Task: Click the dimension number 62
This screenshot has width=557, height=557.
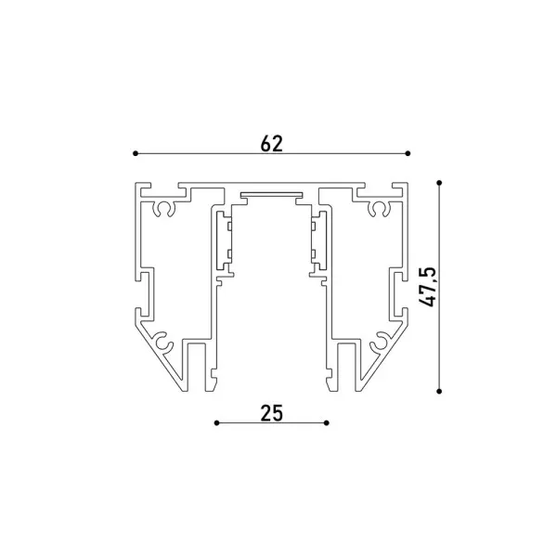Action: (x=272, y=144)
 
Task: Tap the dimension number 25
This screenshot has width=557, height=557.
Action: (x=272, y=413)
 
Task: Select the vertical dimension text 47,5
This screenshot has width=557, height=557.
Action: (x=427, y=286)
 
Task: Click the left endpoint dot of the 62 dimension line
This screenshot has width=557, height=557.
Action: (x=136, y=153)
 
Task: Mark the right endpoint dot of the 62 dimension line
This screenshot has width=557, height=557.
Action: (x=408, y=153)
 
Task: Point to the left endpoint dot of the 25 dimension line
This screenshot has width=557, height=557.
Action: (x=216, y=422)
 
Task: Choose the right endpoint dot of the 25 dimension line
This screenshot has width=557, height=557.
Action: (x=327, y=422)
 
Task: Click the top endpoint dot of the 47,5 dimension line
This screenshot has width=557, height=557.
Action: (x=439, y=183)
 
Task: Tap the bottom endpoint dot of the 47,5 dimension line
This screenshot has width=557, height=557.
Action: (x=439, y=391)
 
